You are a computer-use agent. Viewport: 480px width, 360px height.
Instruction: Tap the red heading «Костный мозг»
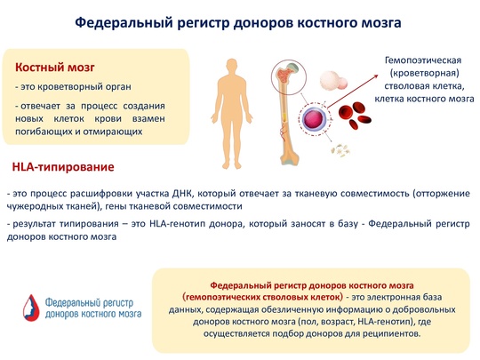tap(55, 68)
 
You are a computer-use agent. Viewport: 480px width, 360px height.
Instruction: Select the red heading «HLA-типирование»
tap(63, 167)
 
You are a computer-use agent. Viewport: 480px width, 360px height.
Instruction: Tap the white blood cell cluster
tap(333, 80)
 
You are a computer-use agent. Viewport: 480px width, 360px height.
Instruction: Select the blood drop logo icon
tap(31, 308)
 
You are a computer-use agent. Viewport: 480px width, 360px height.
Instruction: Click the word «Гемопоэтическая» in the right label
tap(423, 60)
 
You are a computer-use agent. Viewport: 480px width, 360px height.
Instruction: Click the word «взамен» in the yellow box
tap(148, 118)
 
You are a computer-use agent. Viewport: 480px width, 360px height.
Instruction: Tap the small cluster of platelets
tap(340, 150)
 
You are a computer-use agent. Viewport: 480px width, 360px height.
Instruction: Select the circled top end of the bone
tap(288, 76)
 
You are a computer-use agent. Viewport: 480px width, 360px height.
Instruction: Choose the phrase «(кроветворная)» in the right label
tap(425, 73)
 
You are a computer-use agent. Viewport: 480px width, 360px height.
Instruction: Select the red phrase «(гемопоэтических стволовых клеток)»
tap(262, 297)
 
